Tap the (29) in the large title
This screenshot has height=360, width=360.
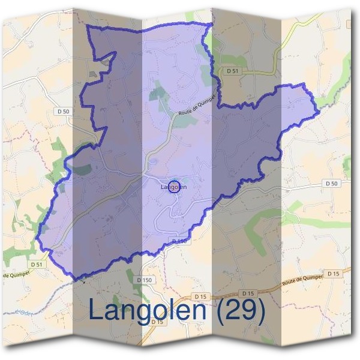coord(240,310)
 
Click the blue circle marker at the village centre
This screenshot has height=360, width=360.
coord(174,187)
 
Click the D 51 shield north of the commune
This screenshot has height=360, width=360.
coord(233,71)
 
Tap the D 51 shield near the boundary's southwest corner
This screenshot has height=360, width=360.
coord(37,263)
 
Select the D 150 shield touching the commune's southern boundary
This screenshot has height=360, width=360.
coord(180,241)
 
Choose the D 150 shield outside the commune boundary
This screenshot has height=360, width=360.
coord(144,280)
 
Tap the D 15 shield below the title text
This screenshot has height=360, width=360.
coord(158,322)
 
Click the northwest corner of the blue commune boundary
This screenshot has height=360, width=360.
coord(88,27)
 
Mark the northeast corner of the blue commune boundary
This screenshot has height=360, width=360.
coord(212,24)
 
